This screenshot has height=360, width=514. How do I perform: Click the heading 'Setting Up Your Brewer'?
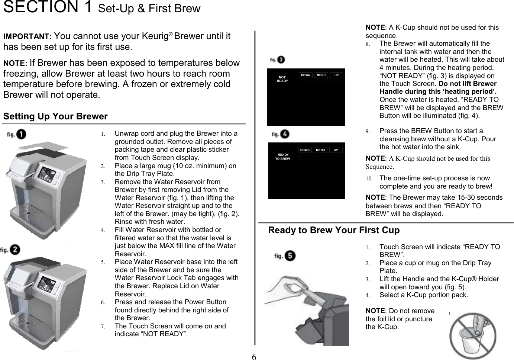[55, 116]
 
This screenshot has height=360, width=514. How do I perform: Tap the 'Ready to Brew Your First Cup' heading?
[334, 230]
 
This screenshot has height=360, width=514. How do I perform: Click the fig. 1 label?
[16, 134]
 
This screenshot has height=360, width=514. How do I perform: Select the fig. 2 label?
[10, 250]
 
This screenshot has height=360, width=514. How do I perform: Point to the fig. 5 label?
[285, 256]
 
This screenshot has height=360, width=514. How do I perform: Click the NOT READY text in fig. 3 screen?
[282, 79]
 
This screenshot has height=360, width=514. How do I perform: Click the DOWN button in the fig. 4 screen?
[305, 150]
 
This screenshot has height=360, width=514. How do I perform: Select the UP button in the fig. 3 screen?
[336, 75]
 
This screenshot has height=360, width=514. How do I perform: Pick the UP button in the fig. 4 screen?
[336, 150]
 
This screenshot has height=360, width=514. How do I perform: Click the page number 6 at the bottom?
[254, 357]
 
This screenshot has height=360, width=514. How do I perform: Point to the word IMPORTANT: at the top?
[28, 37]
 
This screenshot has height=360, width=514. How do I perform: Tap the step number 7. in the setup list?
[103, 327]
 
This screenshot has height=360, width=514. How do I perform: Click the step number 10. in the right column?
[369, 179]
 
